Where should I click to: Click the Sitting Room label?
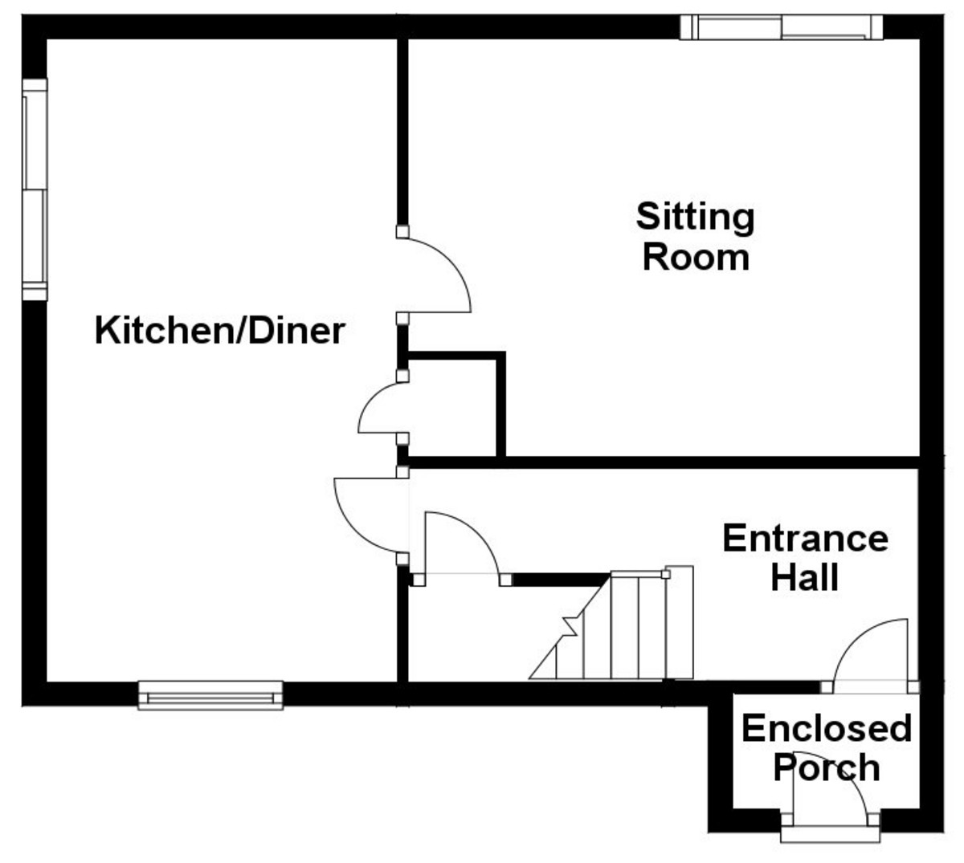696,238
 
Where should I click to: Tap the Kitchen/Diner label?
220,331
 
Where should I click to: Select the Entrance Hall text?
805,557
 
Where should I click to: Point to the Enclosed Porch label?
826,747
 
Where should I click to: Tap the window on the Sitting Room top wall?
781,27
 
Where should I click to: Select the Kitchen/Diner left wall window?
35,189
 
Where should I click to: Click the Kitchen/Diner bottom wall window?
211,694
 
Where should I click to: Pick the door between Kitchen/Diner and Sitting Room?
438,273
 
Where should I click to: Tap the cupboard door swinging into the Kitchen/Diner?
379,409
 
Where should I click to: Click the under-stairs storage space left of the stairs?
466,634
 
